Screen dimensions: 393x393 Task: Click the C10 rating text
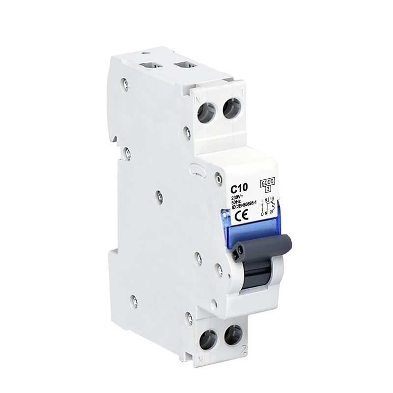[240, 187]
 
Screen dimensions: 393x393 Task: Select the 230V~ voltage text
[240, 196]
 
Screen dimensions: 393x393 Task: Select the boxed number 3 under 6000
[268, 188]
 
